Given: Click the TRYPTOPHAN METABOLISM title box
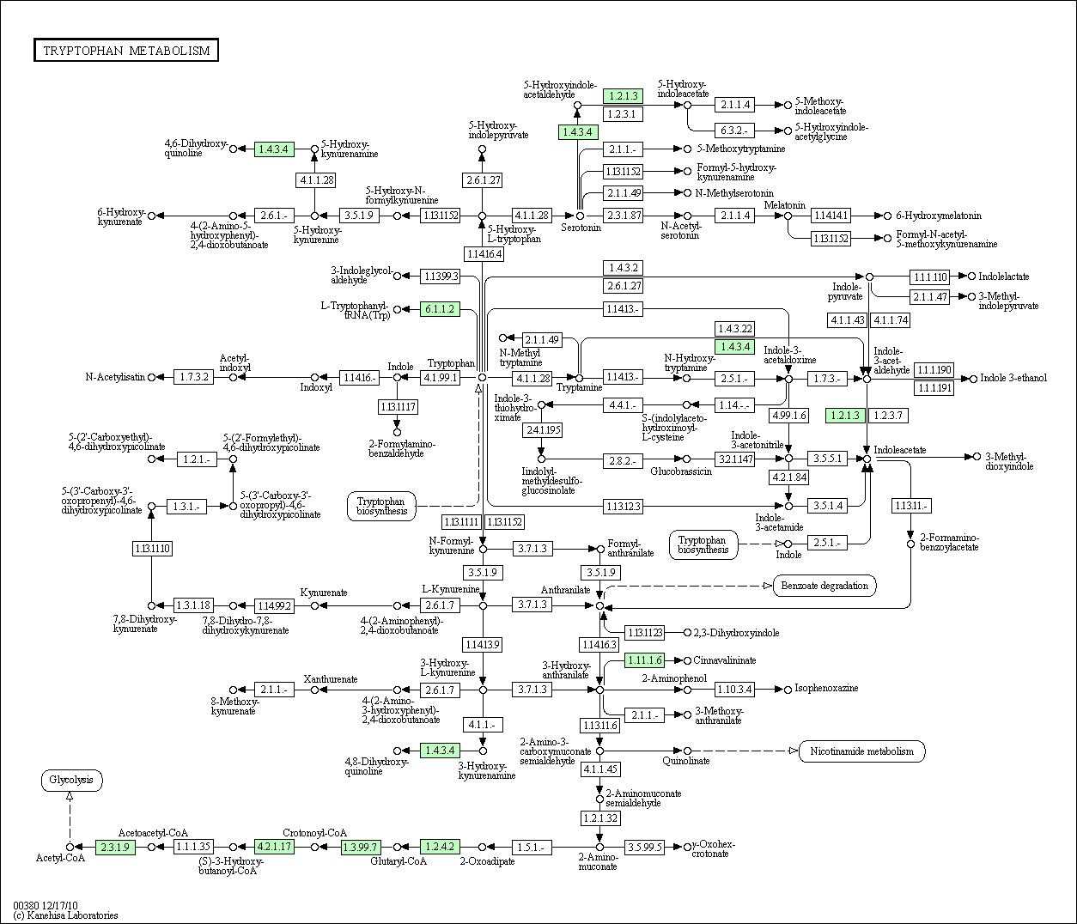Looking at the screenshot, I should (126, 51).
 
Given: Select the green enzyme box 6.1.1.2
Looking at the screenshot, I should (440, 309).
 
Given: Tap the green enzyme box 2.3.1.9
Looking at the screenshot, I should (115, 847).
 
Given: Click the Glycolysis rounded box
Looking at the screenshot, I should (71, 781).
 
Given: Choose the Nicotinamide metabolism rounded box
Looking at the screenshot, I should (861, 751).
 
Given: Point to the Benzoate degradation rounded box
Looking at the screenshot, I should (824, 587).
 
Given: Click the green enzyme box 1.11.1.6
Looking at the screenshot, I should (645, 660).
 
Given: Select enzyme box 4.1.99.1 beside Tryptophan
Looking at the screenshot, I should (440, 378).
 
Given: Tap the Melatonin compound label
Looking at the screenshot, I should (785, 205).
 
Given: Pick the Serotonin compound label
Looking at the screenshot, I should (581, 228).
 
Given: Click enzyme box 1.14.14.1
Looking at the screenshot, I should (831, 216).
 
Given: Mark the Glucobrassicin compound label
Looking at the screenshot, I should (681, 472).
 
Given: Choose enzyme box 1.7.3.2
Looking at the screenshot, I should (193, 377).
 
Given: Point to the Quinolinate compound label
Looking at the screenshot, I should (686, 761).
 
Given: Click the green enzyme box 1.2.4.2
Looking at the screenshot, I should (440, 847).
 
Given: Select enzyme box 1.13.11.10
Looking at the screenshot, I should (152, 548).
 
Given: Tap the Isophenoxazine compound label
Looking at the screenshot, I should (826, 688).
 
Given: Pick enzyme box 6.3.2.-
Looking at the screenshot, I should (735, 131).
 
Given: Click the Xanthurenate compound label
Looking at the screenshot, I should (331, 679).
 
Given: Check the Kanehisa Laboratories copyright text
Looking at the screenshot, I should (65, 915).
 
